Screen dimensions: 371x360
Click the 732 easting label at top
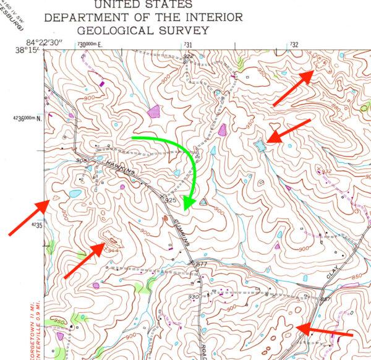tap(294, 45)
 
